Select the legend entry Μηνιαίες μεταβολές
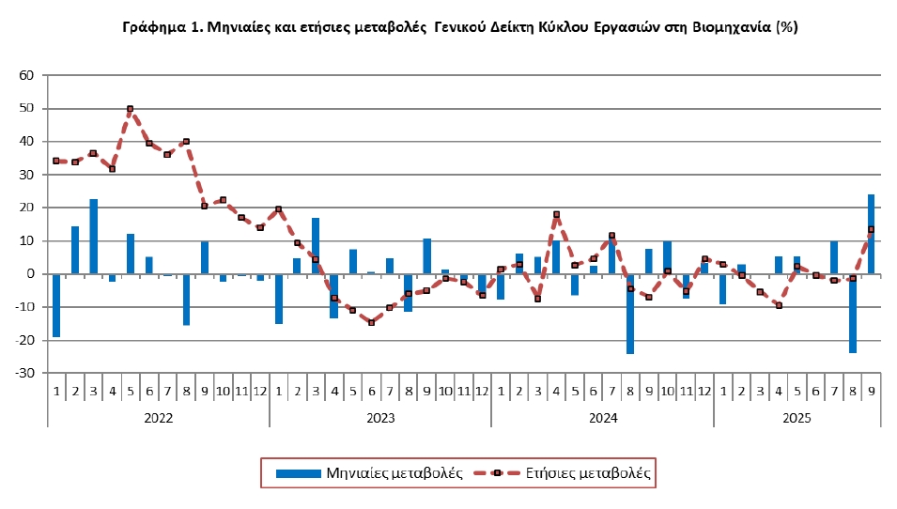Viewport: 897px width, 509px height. (370, 473)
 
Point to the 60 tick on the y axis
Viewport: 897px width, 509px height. (26, 75)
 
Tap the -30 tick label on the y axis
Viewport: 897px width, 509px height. (23, 373)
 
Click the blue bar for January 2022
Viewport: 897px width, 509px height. (56, 305)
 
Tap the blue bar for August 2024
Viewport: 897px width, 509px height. (630, 314)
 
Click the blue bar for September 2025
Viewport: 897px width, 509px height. (872, 234)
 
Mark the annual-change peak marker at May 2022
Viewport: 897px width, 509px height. (131, 109)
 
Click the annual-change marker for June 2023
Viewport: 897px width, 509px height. (371, 322)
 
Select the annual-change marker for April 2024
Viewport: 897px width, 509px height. (556, 214)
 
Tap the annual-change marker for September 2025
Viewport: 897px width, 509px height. (872, 229)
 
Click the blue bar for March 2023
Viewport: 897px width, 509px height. (316, 246)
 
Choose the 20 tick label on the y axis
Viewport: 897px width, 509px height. (26, 208)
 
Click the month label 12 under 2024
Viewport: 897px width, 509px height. (704, 391)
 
